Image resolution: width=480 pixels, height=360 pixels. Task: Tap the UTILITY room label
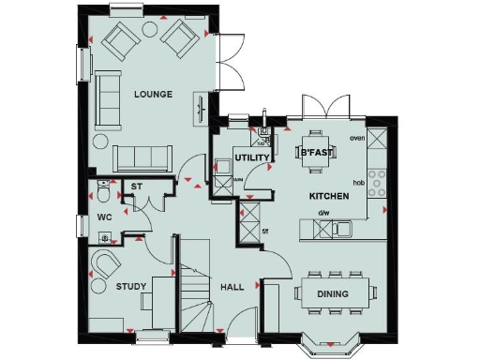(x=252, y=157)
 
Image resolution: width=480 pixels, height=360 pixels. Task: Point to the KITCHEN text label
(x=330, y=197)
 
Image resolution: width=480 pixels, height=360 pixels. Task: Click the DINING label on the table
(x=333, y=294)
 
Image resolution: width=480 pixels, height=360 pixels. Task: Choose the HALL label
(x=232, y=288)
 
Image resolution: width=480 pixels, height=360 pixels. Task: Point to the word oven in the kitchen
(x=356, y=138)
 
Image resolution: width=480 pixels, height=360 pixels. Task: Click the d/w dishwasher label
(x=324, y=213)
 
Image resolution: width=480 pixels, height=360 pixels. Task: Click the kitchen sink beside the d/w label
(x=345, y=228)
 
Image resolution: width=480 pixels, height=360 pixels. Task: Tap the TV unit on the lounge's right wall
(x=200, y=108)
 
